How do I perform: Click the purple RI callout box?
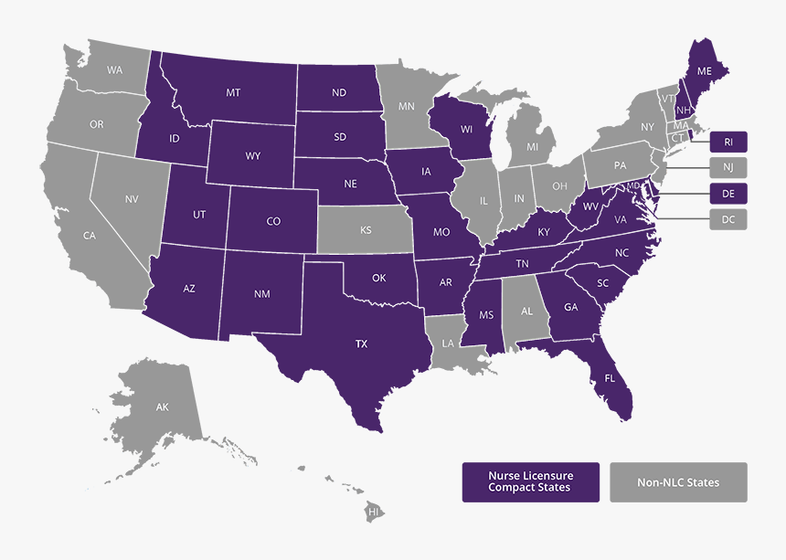coord(728,142)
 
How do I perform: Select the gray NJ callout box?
coord(728,167)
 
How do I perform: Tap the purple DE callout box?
coord(728,193)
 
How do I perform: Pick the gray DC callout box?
coord(728,219)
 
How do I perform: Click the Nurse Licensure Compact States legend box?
coord(530,482)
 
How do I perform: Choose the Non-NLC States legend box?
coord(678,482)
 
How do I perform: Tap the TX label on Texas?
coord(361,344)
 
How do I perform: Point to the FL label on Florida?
coord(609,377)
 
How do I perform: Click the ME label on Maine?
coord(704,70)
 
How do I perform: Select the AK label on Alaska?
coord(162,407)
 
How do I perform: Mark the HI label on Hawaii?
coord(373,512)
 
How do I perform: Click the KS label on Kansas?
coord(366,230)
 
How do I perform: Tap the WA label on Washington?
coord(114,69)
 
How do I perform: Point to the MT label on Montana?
coord(233,92)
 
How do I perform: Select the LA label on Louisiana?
coord(448,343)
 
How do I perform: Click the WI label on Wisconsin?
coord(466,129)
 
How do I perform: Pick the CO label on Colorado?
coord(273,221)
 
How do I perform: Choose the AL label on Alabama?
coord(526,311)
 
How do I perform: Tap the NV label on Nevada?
coord(132,198)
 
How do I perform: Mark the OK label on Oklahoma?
coord(379,278)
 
